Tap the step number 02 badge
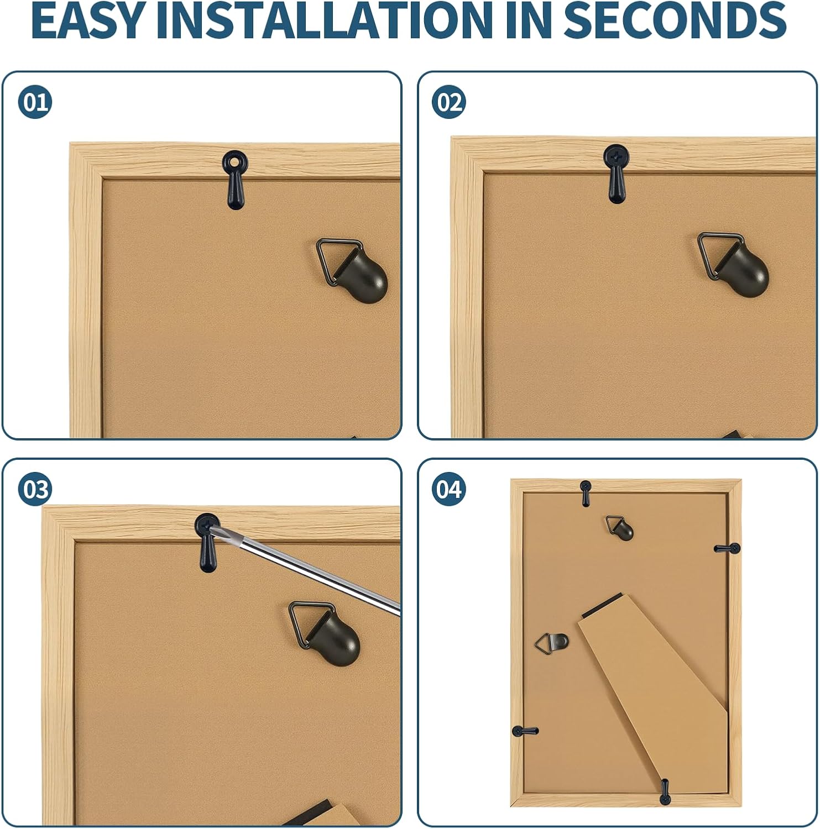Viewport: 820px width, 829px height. point(449,102)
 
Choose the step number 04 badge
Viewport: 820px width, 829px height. point(449,490)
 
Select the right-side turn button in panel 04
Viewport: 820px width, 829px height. point(727,549)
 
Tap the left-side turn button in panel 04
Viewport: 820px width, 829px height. point(525,731)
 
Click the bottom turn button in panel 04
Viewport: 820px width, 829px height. point(665,791)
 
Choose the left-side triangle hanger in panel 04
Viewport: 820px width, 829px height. point(552,642)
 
